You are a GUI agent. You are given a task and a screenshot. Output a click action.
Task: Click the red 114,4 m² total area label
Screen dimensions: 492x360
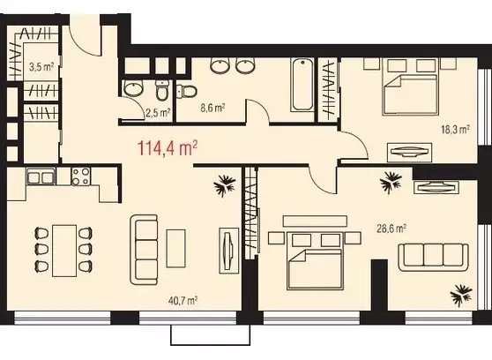click(168, 148)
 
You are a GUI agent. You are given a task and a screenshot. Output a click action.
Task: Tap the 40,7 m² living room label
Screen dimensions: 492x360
click(183, 301)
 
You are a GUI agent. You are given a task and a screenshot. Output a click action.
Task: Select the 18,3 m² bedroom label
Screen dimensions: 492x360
click(456, 130)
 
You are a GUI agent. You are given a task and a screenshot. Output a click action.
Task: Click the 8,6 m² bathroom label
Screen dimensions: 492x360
click(212, 108)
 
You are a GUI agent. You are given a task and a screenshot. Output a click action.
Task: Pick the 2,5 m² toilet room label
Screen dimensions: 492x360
click(158, 112)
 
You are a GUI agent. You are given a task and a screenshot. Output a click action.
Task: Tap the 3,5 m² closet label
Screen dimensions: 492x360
click(41, 67)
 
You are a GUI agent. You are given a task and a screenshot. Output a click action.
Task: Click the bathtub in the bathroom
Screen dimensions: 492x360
click(302, 84)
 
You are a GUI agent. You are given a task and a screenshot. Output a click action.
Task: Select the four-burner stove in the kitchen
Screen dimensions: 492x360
click(80, 176)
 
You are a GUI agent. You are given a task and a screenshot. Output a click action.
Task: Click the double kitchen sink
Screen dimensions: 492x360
click(41, 176)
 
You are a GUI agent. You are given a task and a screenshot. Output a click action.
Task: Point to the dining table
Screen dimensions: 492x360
click(64, 251)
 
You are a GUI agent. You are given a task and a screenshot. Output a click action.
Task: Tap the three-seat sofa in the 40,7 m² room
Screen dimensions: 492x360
click(144, 250)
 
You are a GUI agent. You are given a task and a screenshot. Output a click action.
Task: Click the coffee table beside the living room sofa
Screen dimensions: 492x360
click(175, 248)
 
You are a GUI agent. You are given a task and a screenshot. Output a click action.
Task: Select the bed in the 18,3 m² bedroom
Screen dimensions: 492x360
click(410, 94)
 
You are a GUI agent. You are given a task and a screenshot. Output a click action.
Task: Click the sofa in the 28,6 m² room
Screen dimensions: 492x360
click(433, 257)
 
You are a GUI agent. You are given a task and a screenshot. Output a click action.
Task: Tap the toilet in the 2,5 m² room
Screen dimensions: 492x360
click(162, 90)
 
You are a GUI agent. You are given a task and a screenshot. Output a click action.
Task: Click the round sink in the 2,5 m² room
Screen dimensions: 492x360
click(134, 88)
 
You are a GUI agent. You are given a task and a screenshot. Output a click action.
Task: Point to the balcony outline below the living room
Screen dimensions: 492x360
click(210, 335)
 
